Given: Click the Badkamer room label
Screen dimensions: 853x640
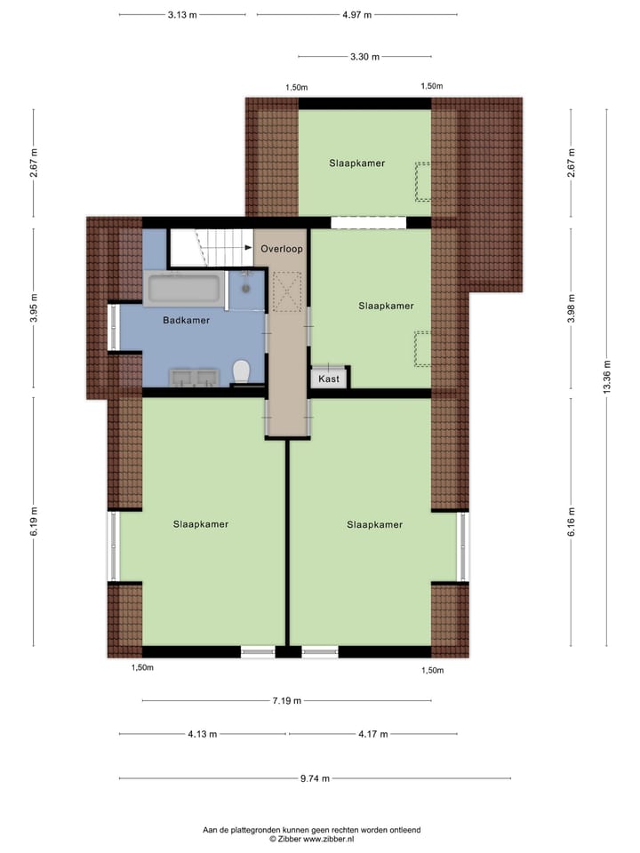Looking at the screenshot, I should [186, 320].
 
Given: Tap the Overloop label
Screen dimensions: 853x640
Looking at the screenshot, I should [282, 250].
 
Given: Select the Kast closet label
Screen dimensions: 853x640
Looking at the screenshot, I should [329, 379].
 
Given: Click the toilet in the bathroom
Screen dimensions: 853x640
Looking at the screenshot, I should [240, 370].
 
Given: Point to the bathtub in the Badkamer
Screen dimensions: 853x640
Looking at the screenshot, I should [184, 289].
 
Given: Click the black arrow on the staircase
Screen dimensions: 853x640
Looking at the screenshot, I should [247, 250].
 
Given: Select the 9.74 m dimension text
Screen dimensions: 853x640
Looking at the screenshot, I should [315, 778].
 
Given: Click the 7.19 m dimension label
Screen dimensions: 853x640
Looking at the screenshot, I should [287, 701].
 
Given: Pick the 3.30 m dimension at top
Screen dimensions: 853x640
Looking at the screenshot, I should [364, 57].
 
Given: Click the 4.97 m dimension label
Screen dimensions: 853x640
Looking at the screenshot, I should [356, 15].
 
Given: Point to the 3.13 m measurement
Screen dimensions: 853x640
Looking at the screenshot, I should [182, 15].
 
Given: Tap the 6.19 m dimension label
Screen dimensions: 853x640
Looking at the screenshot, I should [34, 522].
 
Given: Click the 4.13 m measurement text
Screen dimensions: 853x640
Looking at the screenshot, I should [203, 735].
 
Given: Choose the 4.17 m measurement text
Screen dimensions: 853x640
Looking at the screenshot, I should [372, 735].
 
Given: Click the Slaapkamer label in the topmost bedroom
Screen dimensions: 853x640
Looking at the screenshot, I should [356, 163].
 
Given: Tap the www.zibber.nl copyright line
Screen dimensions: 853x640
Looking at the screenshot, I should [311, 838].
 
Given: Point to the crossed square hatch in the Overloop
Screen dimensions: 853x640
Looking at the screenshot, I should [287, 291].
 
